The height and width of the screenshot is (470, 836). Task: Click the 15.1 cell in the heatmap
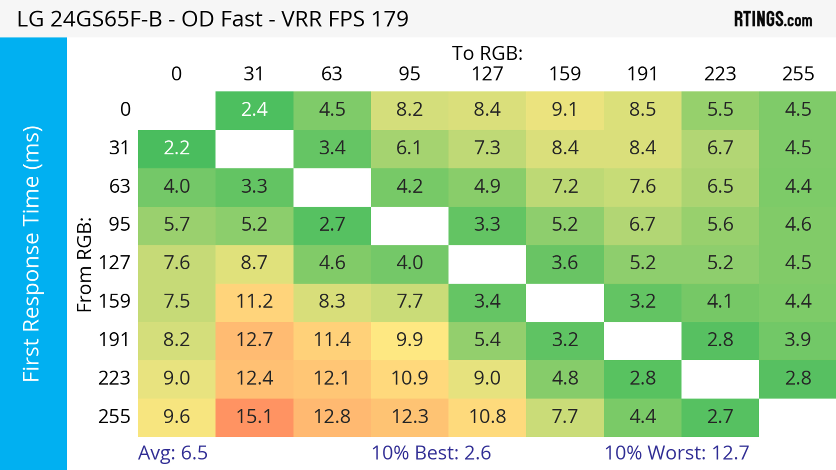(x=254, y=417)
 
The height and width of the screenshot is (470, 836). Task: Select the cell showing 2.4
(x=254, y=110)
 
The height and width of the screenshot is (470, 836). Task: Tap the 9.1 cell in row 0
(x=565, y=110)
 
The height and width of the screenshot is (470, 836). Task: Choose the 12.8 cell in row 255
(x=332, y=417)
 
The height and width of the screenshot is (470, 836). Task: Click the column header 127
(x=487, y=74)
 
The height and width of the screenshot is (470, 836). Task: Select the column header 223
(x=720, y=74)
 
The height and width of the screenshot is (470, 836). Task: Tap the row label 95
(x=120, y=224)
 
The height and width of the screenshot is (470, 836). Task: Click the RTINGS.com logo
(x=773, y=19)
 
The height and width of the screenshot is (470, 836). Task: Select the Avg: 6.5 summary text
(x=173, y=453)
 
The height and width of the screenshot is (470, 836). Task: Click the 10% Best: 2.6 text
(x=431, y=453)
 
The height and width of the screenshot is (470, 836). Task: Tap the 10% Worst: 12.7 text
(x=677, y=453)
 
